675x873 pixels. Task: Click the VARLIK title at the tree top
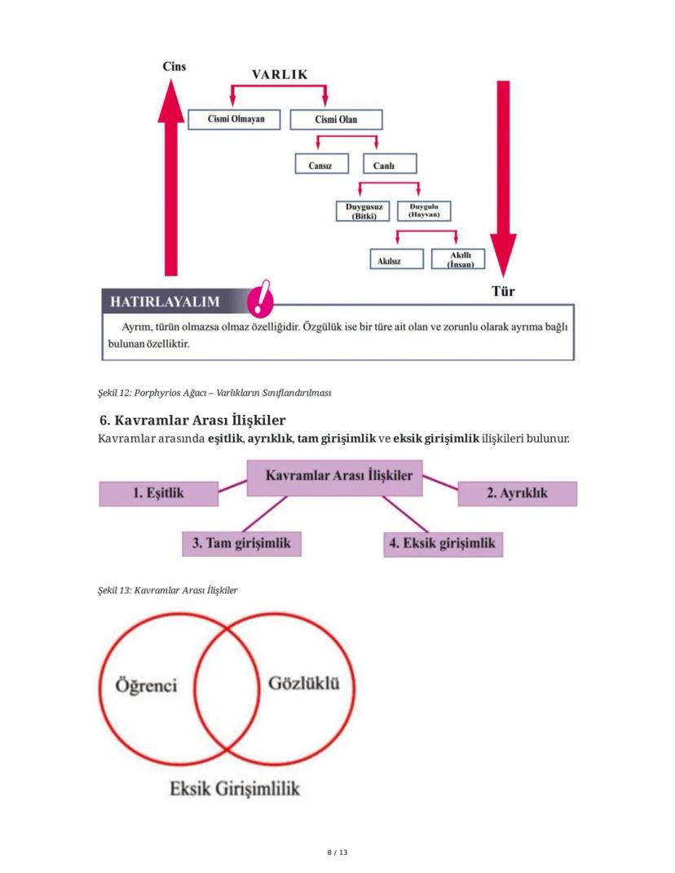click(279, 74)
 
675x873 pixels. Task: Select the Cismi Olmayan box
click(232, 120)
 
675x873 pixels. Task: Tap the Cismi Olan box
click(336, 120)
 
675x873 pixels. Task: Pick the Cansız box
click(321, 165)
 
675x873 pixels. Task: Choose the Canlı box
click(384, 165)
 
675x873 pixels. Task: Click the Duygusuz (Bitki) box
click(364, 211)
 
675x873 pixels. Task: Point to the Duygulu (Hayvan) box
click(424, 210)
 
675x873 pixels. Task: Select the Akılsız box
click(395, 260)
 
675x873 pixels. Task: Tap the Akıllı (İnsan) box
click(457, 260)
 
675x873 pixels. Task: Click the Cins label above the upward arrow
click(173, 67)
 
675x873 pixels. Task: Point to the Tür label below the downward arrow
click(502, 290)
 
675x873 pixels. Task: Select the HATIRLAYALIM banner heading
click(165, 302)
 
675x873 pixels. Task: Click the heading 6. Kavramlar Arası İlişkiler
click(192, 421)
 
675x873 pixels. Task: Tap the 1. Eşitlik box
click(159, 493)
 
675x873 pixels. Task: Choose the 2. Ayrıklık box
click(517, 493)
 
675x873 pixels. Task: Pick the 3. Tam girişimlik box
click(241, 543)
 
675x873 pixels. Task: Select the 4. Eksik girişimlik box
click(443, 543)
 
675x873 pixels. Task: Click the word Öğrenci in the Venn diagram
click(146, 685)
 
